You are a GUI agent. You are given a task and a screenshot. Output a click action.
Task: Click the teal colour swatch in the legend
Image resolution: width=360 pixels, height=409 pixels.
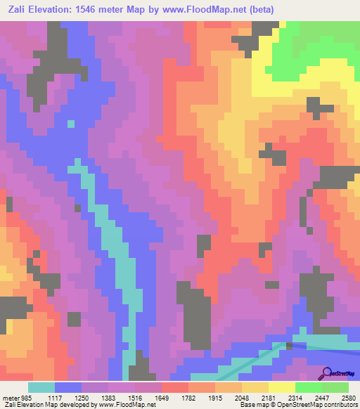(41, 387)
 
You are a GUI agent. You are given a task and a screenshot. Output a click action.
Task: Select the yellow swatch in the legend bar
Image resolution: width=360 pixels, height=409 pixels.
(282, 387)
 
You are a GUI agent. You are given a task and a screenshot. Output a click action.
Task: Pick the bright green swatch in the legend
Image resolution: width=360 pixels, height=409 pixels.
(309, 387)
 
